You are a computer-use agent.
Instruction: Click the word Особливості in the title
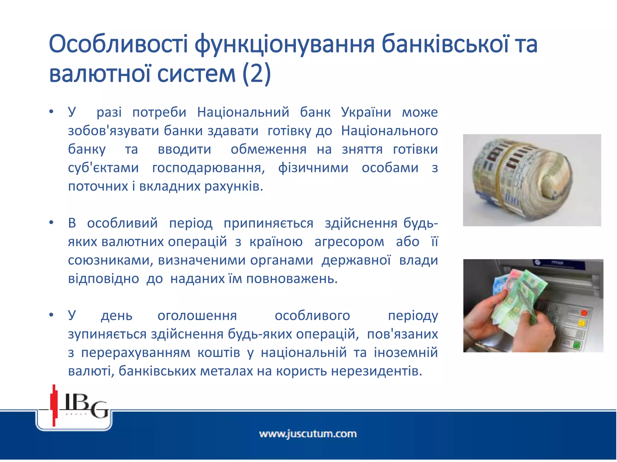(118, 44)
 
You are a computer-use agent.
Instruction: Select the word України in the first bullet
(366, 112)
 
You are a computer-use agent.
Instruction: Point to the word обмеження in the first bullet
(268, 149)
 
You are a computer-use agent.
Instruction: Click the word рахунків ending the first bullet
(233, 186)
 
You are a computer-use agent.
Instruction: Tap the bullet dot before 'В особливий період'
(52, 223)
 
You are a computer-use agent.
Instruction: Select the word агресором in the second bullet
(349, 242)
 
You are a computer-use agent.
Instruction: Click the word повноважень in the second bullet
(292, 279)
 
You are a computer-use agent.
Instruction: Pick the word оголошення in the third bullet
(197, 316)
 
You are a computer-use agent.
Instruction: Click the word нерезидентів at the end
(376, 371)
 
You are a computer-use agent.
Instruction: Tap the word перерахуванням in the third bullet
(136, 353)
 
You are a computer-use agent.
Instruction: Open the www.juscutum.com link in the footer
(308, 434)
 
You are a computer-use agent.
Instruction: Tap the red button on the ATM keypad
(584, 313)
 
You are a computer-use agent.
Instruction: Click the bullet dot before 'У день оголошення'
(52, 315)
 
